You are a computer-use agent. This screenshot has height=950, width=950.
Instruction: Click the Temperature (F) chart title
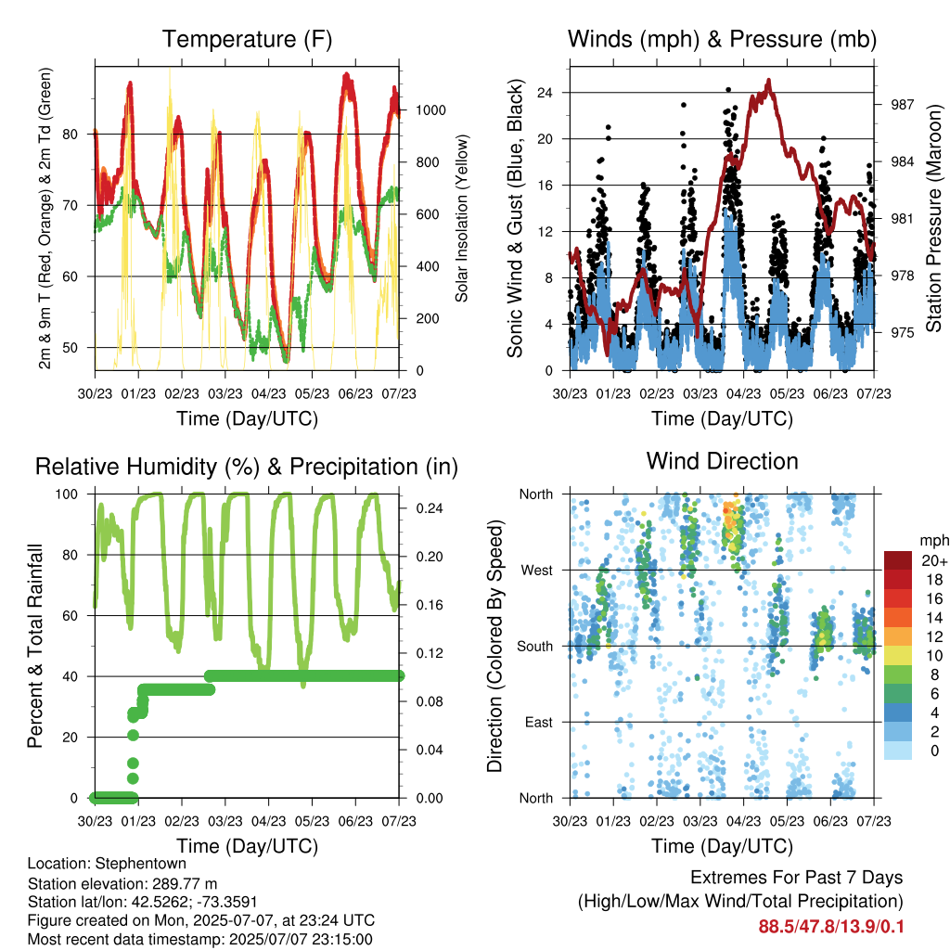(247, 39)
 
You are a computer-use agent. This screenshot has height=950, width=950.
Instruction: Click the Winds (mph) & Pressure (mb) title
(722, 39)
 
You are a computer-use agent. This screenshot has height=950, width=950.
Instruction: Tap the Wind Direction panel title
(722, 461)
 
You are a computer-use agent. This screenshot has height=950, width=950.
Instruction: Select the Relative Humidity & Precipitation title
(247, 468)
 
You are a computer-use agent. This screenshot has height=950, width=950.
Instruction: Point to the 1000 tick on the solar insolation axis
(430, 110)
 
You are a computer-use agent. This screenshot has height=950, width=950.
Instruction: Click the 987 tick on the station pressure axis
(902, 105)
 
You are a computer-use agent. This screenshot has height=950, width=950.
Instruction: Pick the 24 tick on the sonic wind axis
(545, 93)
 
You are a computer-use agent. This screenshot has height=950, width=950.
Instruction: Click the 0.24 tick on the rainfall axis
(430, 508)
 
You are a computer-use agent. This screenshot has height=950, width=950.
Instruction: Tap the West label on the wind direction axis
(537, 571)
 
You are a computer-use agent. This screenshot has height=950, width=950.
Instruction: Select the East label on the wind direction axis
(539, 722)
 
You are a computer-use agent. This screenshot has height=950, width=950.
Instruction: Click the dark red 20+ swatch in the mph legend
(898, 560)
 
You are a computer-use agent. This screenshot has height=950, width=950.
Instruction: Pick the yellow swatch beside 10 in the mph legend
(898, 656)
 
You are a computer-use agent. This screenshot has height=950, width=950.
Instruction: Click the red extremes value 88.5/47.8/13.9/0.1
(830, 927)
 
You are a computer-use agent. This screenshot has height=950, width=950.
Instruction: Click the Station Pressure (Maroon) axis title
(933, 219)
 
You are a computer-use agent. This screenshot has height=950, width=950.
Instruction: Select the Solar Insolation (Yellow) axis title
(462, 219)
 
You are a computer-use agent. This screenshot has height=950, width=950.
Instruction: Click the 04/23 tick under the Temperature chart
(268, 393)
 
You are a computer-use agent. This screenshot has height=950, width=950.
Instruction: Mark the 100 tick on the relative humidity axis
(67, 494)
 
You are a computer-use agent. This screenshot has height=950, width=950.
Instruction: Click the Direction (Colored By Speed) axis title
(495, 646)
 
